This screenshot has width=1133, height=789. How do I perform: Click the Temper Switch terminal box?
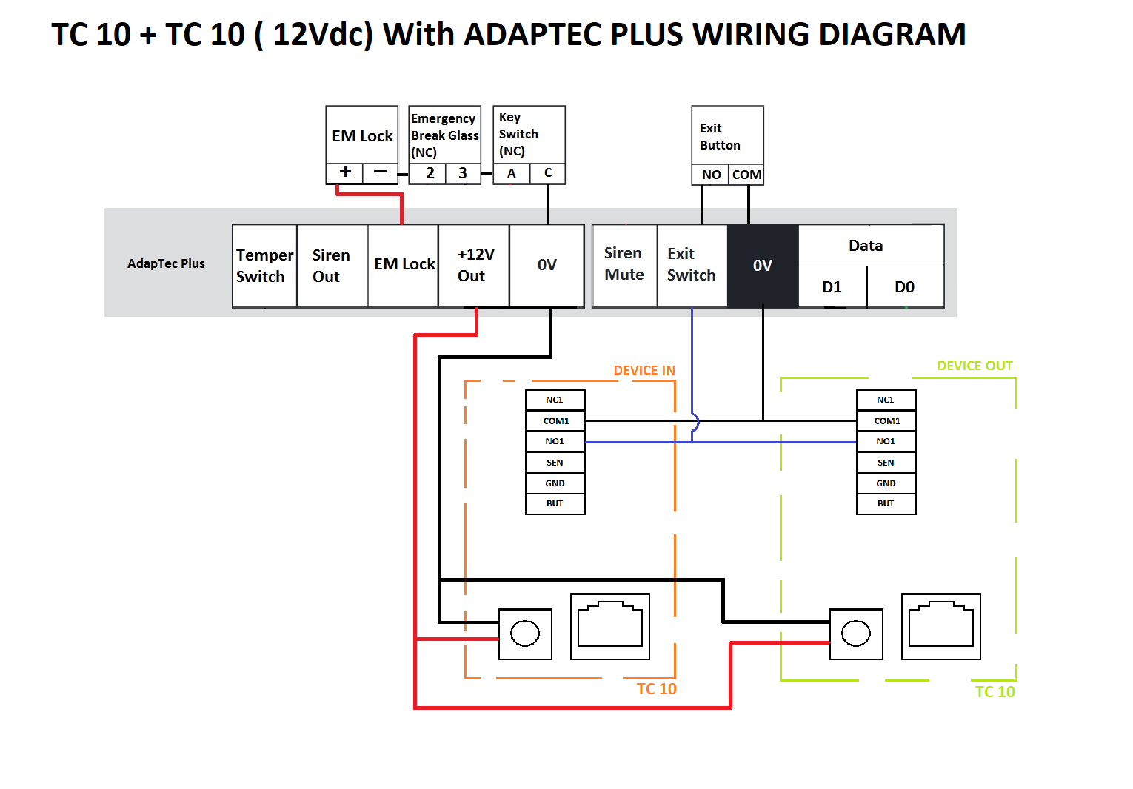point(264,266)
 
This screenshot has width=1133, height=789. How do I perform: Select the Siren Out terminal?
point(332,266)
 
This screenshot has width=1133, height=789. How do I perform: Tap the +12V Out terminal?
point(474,266)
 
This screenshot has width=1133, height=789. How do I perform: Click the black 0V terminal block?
point(763,266)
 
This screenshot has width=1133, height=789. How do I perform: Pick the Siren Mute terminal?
point(625,266)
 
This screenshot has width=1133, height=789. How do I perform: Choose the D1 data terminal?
point(832,286)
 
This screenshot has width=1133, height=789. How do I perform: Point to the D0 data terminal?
point(906,286)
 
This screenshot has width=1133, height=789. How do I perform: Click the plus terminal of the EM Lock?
point(345,173)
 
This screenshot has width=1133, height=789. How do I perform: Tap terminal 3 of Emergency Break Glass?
point(463,173)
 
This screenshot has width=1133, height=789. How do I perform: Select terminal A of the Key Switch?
point(512,173)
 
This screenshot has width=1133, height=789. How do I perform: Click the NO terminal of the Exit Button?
point(710,175)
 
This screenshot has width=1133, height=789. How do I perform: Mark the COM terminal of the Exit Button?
point(746,175)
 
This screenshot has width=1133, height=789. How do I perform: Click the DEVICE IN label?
point(644,371)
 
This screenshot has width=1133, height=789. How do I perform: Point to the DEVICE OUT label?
point(975,366)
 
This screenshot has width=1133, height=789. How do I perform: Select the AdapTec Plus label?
point(166,263)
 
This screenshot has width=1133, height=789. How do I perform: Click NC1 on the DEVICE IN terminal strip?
point(555,400)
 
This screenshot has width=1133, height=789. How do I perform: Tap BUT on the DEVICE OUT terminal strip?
point(886,504)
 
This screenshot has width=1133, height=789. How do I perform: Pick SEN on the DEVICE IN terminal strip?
point(555,463)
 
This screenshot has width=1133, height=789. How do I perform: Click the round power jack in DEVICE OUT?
point(856,634)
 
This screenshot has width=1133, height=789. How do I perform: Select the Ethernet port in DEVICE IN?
point(610,626)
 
